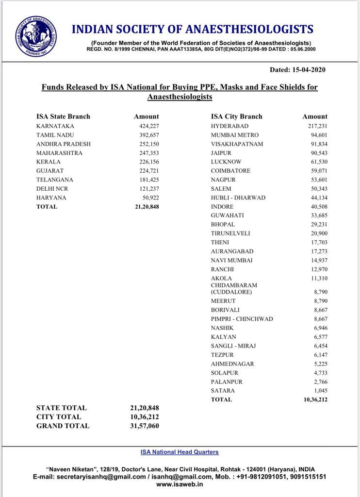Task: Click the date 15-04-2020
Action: coord(309,69)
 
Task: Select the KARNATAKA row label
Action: coord(55,126)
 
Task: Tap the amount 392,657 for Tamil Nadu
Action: coord(149,135)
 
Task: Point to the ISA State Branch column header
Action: coord(63,116)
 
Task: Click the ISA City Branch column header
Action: coord(236,116)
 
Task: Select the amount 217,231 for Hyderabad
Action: coord(317,126)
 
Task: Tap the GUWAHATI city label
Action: coord(228,215)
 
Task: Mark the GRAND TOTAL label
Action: coord(63,426)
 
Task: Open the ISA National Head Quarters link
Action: coord(180,452)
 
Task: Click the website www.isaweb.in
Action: coord(180,484)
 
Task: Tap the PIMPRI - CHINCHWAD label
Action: coord(242,319)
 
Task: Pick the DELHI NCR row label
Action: coord(52,189)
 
